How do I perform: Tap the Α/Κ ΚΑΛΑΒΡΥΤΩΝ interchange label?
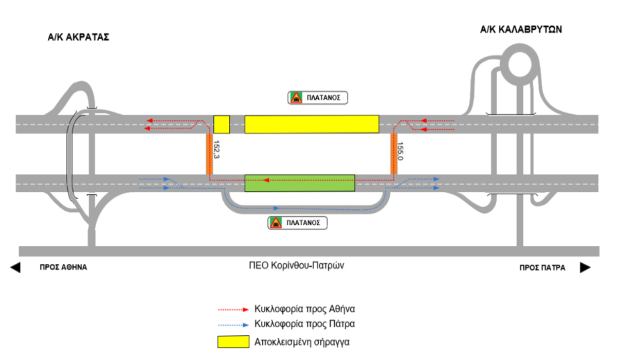click(x=521, y=30)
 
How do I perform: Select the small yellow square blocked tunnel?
click(x=221, y=124)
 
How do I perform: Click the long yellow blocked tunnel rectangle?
click(x=312, y=124)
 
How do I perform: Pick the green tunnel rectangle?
click(x=300, y=184)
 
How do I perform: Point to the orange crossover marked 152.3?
click(x=209, y=154)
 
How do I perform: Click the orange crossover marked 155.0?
click(x=394, y=154)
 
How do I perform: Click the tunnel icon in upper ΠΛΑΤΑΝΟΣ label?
click(x=296, y=98)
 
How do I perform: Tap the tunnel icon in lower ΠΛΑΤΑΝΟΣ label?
click(x=276, y=223)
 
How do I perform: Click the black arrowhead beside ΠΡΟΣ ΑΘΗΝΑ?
click(x=15, y=267)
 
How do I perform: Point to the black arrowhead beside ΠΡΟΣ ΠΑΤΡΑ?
click(x=585, y=267)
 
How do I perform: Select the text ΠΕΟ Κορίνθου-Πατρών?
click(x=301, y=266)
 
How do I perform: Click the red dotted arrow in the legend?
click(x=234, y=310)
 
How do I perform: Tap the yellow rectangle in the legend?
click(x=234, y=342)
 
